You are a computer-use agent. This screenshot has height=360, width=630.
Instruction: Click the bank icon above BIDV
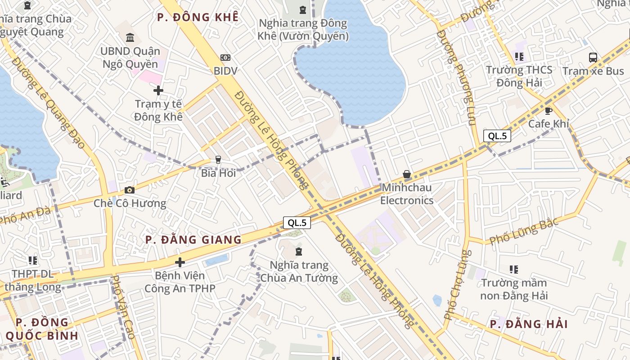(x=225, y=58)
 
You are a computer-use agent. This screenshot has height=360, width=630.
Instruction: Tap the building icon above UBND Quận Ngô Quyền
(x=130, y=37)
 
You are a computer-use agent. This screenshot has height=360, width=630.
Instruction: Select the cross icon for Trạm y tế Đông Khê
(x=158, y=90)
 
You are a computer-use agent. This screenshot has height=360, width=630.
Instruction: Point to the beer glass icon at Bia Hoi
(x=218, y=159)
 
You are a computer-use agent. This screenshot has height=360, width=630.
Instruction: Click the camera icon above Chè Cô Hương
(x=130, y=190)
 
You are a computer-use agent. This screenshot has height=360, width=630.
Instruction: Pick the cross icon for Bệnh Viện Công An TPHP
(x=180, y=262)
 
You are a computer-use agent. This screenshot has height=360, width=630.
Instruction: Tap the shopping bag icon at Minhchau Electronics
(x=407, y=174)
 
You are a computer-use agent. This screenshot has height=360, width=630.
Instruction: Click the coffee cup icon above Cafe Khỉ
(x=548, y=111)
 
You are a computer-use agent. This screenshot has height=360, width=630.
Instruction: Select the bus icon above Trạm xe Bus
(x=593, y=58)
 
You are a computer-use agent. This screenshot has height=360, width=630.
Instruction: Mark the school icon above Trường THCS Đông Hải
(x=519, y=57)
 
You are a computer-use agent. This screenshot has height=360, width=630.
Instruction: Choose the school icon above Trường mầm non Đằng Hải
(x=514, y=270)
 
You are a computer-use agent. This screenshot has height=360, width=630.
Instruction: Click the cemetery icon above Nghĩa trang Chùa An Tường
(x=299, y=252)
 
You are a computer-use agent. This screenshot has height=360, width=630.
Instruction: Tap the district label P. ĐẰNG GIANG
(x=193, y=240)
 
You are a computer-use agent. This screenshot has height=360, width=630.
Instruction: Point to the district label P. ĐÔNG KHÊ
(x=198, y=18)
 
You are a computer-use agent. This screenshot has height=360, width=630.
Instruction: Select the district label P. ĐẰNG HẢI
(x=529, y=324)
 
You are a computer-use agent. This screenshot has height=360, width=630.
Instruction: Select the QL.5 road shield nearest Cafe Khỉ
(x=497, y=136)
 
